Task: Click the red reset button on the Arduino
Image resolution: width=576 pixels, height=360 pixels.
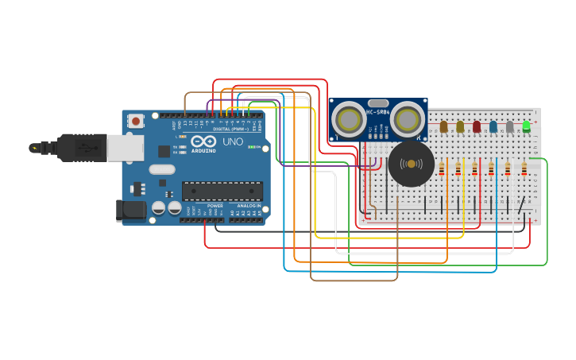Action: (x=136, y=122)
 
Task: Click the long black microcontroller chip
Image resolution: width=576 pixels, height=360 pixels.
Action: (x=222, y=191)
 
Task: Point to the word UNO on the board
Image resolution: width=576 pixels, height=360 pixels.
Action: (x=232, y=142)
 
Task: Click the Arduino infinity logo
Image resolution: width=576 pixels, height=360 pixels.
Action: (x=203, y=141)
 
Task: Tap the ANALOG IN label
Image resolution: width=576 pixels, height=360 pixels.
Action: (x=248, y=206)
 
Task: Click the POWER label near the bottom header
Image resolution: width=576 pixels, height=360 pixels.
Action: (x=215, y=206)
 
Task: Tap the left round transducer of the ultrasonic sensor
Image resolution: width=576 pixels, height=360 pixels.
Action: (x=348, y=119)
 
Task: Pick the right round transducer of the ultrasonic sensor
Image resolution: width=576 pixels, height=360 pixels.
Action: (x=407, y=119)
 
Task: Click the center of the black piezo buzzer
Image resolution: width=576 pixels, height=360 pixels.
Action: (x=411, y=165)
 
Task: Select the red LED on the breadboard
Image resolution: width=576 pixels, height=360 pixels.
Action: (x=477, y=126)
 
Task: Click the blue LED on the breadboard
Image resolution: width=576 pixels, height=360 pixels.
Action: (x=493, y=126)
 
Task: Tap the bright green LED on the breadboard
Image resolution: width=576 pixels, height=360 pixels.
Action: (x=526, y=126)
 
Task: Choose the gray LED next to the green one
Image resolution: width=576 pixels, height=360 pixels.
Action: (x=510, y=126)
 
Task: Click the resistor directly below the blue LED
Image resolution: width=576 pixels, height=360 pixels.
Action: (x=491, y=169)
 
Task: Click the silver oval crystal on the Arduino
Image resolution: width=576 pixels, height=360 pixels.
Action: (x=161, y=168)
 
